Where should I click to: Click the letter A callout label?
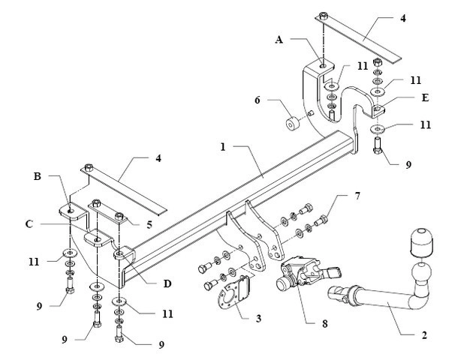pyautogui.click(x=279, y=40)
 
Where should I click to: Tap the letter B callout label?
pyautogui.click(x=38, y=176)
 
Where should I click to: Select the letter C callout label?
pyautogui.click(x=29, y=224)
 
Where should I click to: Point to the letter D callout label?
pyautogui.click(x=167, y=283)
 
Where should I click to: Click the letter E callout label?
pyautogui.click(x=425, y=98)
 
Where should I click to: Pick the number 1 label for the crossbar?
pyautogui.click(x=223, y=147)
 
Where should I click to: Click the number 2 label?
pyautogui.click(x=424, y=335)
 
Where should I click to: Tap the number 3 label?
pyautogui.click(x=258, y=319)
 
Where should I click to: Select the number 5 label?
pyautogui.click(x=149, y=225)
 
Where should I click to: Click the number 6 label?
pyautogui.click(x=258, y=100)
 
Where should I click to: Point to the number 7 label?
pyautogui.click(x=357, y=196)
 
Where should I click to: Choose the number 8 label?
pyautogui.click(x=325, y=324)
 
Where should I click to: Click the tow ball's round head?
pyautogui.click(x=421, y=271)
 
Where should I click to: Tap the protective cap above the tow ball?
pyautogui.click(x=421, y=243)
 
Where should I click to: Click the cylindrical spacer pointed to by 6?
pyautogui.click(x=293, y=124)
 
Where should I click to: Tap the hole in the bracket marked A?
pyautogui.click(x=322, y=65)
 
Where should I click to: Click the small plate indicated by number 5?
pyautogui.click(x=108, y=212)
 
